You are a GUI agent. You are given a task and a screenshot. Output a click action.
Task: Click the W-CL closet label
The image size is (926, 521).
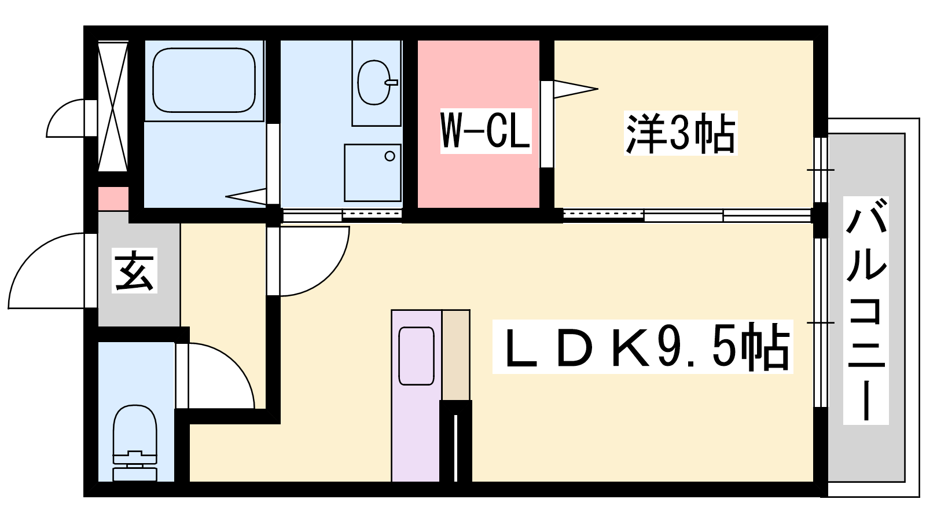tap(486, 131)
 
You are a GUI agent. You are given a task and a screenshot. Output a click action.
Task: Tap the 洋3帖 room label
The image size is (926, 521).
tap(681, 133)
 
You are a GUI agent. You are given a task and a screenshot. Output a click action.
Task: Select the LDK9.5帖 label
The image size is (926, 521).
tap(642, 347)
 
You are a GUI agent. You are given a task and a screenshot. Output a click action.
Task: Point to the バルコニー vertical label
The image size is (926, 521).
tap(866, 310)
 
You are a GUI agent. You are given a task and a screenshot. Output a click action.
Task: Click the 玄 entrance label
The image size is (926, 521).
tap(134, 270)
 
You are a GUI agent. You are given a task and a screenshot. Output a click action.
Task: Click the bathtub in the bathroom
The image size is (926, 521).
tap(204, 80)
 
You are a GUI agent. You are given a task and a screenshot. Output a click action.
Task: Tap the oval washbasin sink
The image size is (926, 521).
tap(374, 82)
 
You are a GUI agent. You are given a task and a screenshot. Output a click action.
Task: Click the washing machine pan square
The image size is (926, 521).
tap(373, 173)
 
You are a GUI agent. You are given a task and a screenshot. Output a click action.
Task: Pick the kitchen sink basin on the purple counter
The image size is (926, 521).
tap(416, 356)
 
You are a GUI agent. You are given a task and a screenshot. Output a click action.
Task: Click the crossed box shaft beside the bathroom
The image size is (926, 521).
tap(113, 107)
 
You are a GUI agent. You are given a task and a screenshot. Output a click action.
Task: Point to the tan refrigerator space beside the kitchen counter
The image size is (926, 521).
tap(456, 355)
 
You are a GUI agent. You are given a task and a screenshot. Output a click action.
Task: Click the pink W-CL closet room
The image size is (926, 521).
tap(478, 124)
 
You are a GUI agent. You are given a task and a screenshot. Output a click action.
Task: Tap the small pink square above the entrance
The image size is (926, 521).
tap(113, 199)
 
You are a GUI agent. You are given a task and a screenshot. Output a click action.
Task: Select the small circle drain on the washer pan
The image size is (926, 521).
tap(389, 156)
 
